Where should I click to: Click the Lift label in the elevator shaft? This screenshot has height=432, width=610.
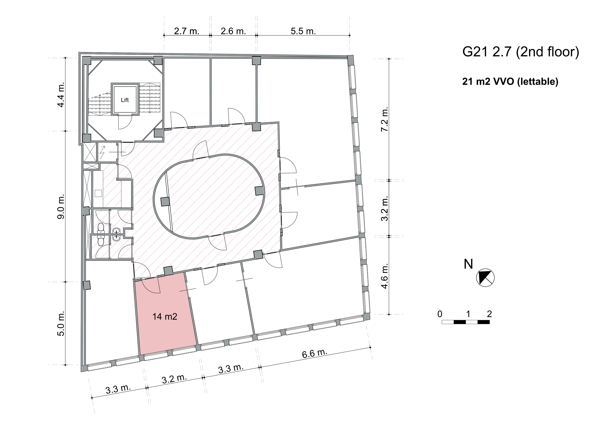(125, 100)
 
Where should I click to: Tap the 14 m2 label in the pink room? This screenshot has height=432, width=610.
(165, 317)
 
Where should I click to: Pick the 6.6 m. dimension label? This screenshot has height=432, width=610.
(314, 354)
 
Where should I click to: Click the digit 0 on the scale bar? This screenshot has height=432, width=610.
(440, 314)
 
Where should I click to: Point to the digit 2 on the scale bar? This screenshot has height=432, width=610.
(489, 314)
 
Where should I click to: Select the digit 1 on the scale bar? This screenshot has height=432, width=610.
(468, 314)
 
